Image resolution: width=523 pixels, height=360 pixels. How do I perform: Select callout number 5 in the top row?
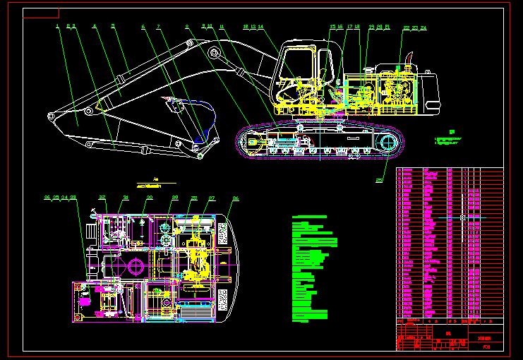tap(113, 27)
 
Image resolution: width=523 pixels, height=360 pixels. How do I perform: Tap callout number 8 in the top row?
tap(187, 27)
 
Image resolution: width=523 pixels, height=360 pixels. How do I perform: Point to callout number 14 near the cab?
tap(261, 27)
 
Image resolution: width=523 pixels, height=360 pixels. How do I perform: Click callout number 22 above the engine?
tap(406, 28)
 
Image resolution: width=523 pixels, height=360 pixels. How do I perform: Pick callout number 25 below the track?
tap(379, 181)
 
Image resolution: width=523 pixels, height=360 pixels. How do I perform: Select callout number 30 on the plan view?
tap(149, 198)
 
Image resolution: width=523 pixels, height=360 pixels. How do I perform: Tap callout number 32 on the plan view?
tap(102, 198)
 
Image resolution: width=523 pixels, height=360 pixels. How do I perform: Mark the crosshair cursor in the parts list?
tap(462, 217)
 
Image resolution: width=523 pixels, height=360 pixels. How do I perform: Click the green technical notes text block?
tap(311, 268)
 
